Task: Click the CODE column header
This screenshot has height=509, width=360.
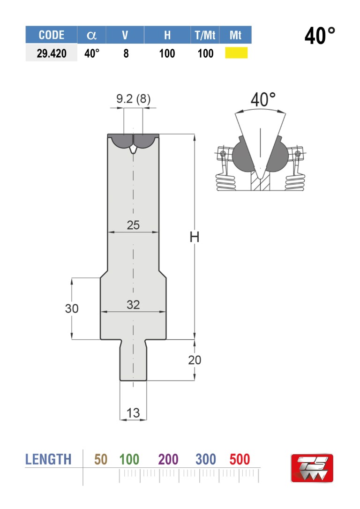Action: click(51, 35)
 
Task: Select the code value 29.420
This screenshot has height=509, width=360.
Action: click(51, 53)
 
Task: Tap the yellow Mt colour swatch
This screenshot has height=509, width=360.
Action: click(236, 53)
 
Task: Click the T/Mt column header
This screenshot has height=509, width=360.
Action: click(205, 35)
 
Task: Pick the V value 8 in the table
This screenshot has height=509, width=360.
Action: click(126, 53)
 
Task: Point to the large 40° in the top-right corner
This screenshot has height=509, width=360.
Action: click(320, 36)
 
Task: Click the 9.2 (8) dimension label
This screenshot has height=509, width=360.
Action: click(134, 98)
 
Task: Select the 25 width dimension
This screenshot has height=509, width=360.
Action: click(133, 225)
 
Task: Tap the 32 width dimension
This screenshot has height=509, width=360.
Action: click(133, 305)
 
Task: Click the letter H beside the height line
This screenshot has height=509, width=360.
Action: click(195, 237)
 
